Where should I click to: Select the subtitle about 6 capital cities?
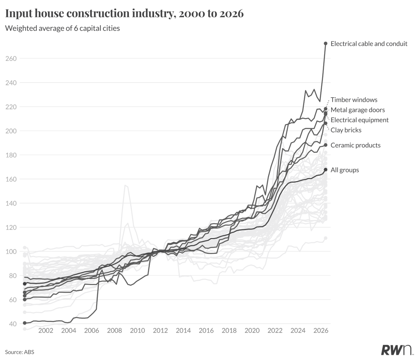[x=63, y=28]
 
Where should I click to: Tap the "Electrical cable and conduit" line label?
[x=369, y=44]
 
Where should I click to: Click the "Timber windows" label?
[x=354, y=100]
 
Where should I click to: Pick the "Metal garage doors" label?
[x=357, y=110]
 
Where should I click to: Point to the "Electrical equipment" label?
[x=359, y=120]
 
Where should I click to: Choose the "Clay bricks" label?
[x=346, y=130]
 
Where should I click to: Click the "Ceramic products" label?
[x=355, y=145]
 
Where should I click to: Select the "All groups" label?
[x=345, y=170]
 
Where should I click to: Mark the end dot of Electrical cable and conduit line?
[x=325, y=43]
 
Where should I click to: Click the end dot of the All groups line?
[x=325, y=170]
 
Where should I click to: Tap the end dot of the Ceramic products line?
[x=325, y=145]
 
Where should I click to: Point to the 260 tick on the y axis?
[x=11, y=59]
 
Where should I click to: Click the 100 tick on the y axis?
[x=11, y=252]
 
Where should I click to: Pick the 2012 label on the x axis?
[x=160, y=330]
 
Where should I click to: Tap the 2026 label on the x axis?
[x=321, y=330]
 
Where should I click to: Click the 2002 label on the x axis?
[x=46, y=330]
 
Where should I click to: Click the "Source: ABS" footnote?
[x=19, y=352]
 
